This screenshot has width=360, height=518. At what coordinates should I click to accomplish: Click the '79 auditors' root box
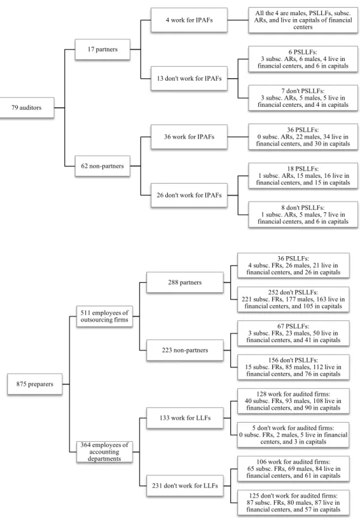[x=27, y=107]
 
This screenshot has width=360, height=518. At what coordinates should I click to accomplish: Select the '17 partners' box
[x=102, y=49]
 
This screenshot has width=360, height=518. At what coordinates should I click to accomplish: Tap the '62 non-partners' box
[x=102, y=166]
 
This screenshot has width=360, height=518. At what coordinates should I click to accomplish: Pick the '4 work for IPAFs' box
[x=189, y=20]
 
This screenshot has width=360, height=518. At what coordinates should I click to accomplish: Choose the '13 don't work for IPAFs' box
[x=189, y=79]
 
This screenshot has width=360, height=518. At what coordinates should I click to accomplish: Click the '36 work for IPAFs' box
[x=189, y=137]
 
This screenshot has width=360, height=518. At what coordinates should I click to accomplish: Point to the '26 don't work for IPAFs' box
[x=189, y=195]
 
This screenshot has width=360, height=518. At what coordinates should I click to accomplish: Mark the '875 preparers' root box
[x=35, y=384]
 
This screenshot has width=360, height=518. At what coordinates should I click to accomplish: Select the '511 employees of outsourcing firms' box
[x=104, y=316]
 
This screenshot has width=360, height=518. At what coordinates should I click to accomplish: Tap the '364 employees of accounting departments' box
[x=104, y=452]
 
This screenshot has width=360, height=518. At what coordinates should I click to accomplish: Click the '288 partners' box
[x=185, y=282]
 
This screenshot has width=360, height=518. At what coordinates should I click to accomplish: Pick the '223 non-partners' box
[x=185, y=350]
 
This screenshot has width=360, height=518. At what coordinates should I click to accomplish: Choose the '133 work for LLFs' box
[x=185, y=418]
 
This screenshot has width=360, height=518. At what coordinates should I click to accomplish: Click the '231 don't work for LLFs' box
[x=185, y=486]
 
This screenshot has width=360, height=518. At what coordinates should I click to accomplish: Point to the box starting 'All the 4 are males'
[x=303, y=20]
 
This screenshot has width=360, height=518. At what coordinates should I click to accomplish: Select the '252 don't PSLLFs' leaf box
[x=293, y=299]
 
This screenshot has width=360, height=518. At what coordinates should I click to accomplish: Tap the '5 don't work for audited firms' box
[x=293, y=435]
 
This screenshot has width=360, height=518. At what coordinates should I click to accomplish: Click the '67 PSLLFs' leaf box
[x=293, y=333]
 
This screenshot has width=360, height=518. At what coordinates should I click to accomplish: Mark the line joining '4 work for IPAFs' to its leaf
[x=238, y=20]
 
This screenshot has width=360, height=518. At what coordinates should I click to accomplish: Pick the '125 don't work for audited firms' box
[x=293, y=503]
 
